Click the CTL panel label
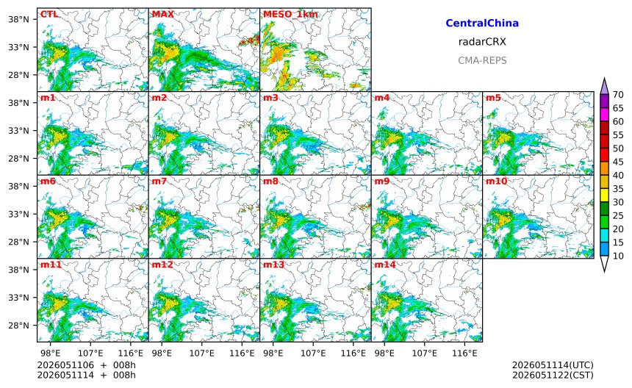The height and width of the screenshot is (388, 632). (x=49, y=14)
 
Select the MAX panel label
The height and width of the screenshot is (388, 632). (x=163, y=14)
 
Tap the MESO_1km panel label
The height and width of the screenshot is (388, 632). (x=290, y=15)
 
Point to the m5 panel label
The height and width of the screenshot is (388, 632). (x=493, y=98)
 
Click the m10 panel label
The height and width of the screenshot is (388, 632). (x=496, y=181)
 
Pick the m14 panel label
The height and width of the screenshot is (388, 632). (x=385, y=265)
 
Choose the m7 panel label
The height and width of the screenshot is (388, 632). (x=159, y=181)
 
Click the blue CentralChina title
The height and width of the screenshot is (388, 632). (x=482, y=23)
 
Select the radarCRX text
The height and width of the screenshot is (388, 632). (x=482, y=41)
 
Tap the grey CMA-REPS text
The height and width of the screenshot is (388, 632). (x=482, y=60)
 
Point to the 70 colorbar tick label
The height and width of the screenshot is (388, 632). (x=618, y=94)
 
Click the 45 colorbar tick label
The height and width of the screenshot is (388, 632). (x=618, y=162)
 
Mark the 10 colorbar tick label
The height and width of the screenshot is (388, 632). (x=618, y=256)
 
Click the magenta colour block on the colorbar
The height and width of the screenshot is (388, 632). (x=604, y=115)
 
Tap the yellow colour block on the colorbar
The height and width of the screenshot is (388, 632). (x=604, y=195)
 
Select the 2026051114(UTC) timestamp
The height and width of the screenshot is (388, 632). (x=553, y=365)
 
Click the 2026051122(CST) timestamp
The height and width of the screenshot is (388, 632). (x=553, y=375)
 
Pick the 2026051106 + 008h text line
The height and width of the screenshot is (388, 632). (x=86, y=365)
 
